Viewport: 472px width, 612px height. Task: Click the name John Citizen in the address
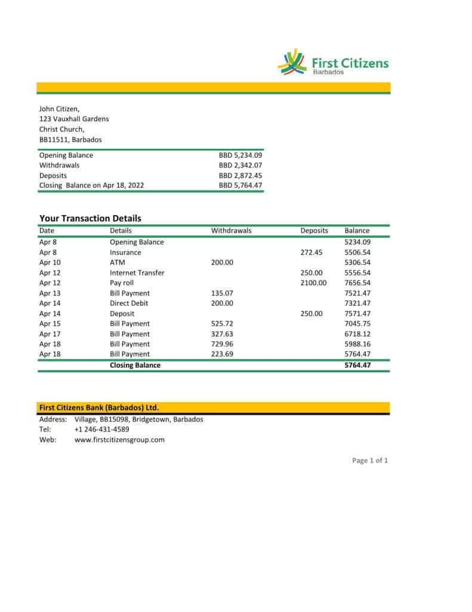point(59,109)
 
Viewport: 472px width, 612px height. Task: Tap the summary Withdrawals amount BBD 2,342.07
point(240,165)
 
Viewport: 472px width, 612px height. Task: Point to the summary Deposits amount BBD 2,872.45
point(240,176)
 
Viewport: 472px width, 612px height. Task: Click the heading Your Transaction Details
point(90,218)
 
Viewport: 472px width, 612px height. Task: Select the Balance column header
point(357,230)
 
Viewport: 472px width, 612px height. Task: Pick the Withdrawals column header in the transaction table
point(231,230)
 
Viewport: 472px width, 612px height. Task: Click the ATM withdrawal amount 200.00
point(222,262)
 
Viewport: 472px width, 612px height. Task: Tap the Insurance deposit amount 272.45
point(311,252)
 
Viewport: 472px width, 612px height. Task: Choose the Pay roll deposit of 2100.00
point(313,283)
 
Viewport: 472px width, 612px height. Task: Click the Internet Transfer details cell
point(137,273)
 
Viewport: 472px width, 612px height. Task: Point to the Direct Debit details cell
point(129,303)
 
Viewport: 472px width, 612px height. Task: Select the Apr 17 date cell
point(50,333)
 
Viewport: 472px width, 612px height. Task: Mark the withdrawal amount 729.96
point(222,344)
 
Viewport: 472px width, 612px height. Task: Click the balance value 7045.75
point(357,323)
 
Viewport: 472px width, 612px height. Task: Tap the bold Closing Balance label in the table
point(135,365)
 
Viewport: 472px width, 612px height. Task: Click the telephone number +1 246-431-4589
point(101,429)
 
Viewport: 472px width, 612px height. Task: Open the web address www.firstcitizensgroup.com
point(119,439)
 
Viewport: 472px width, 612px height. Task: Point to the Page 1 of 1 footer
point(370,460)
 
